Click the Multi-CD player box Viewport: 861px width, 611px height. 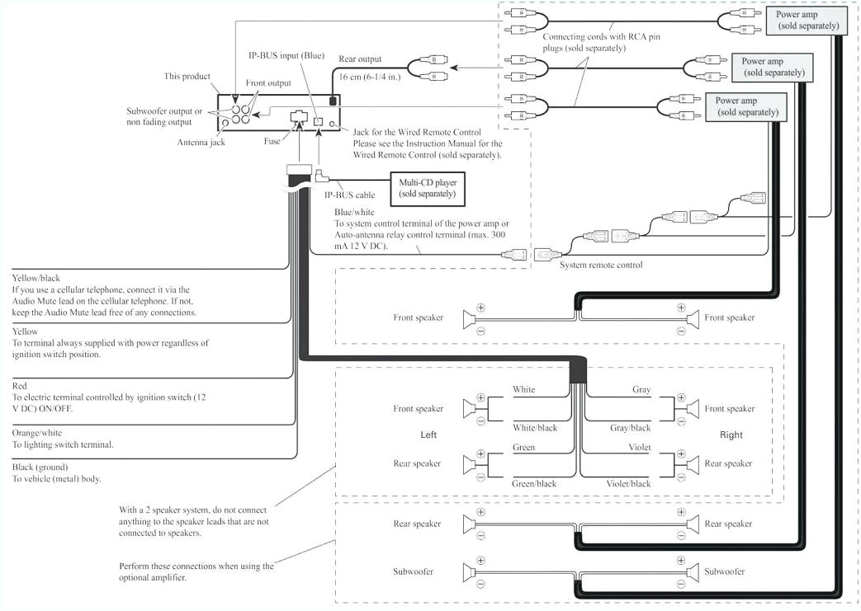point(422,187)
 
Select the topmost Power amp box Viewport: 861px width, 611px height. point(807,21)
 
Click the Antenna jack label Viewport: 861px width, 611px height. point(201,141)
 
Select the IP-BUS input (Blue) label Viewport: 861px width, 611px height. point(287,56)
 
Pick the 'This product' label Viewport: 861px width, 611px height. point(187,76)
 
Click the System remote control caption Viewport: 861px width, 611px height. point(600,265)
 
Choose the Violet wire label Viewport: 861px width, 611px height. point(640,448)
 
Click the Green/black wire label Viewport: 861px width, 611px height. point(535,484)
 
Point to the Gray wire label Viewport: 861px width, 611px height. point(641,389)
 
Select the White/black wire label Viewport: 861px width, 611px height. point(535,428)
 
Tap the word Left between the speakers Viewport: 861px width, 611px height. point(428,435)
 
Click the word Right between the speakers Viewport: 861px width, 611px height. point(731,435)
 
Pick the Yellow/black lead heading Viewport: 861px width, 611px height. point(36,278)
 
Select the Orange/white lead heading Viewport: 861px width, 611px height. point(37,432)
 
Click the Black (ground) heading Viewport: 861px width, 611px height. point(40,467)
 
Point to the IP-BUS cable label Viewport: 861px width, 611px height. point(349,195)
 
